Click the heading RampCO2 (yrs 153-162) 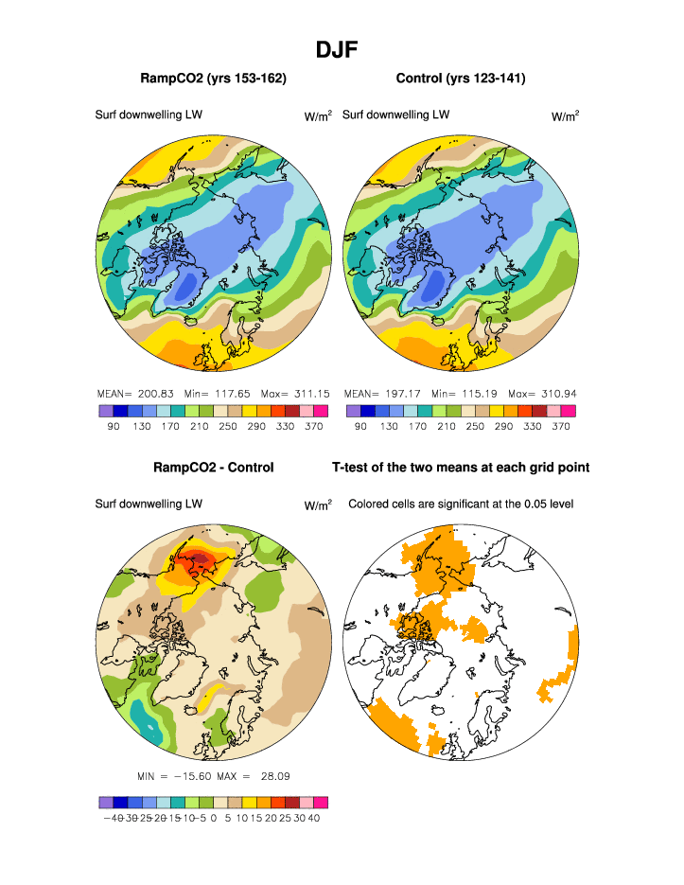coord(213,78)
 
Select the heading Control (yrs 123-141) coord(460,78)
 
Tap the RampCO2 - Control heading coord(213,468)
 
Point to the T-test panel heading coord(461,468)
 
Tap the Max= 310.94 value coord(541,393)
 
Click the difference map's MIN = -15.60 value coord(176,776)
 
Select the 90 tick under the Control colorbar coord(360,427)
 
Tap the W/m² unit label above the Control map coord(565,116)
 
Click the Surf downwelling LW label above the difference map coord(149,504)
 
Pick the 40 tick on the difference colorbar coord(314,819)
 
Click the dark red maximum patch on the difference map coord(201,560)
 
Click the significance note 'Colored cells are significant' coord(461,504)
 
